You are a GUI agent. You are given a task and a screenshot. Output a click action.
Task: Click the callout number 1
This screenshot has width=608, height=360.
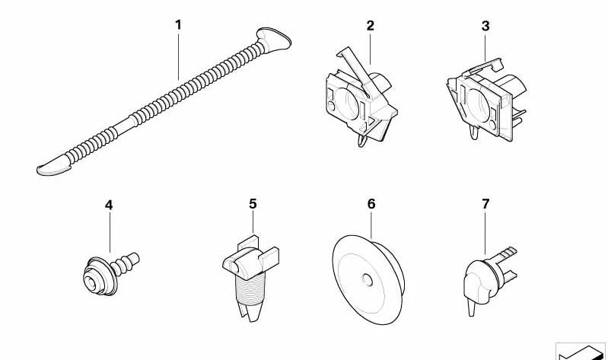(178, 25)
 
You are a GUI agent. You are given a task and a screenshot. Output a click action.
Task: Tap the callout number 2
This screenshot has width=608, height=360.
(371, 26)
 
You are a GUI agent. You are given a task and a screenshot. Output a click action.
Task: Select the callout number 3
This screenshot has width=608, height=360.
(485, 27)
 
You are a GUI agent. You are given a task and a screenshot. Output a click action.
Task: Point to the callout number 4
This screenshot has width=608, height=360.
(109, 205)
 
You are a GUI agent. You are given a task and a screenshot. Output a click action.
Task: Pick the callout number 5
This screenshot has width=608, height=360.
(253, 204)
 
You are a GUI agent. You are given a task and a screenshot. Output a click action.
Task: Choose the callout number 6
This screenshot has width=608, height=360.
(371, 204)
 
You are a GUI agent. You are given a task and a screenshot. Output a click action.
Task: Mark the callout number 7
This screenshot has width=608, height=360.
(485, 204)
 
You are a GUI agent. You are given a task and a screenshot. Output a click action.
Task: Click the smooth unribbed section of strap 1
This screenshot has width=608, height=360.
(124, 126)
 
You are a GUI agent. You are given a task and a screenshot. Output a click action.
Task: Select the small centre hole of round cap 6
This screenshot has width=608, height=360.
(367, 279)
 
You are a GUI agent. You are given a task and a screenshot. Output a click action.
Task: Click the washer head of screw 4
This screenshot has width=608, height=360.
(99, 276)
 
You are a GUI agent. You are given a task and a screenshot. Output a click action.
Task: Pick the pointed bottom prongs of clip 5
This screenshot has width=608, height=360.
(250, 311)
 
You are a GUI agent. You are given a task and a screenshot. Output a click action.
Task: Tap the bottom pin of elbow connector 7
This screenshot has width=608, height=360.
(472, 307)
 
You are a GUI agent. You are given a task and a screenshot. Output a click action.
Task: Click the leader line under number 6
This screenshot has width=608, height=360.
(371, 225)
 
